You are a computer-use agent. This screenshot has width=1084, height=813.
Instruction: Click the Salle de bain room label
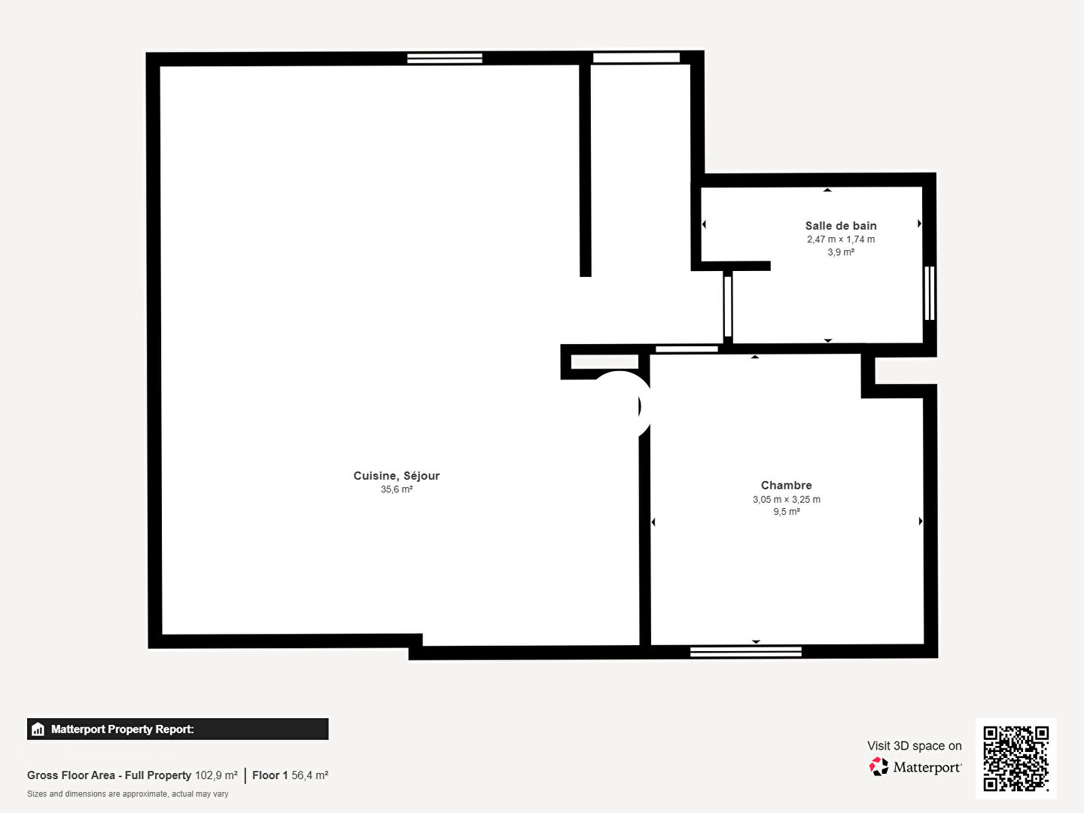point(841,226)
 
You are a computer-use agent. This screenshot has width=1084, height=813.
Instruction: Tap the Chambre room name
point(786,486)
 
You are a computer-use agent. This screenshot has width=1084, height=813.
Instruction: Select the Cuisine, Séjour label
point(396,476)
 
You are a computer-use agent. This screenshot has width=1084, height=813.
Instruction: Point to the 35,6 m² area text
point(397,489)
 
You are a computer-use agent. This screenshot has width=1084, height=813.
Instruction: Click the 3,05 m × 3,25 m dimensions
point(786,499)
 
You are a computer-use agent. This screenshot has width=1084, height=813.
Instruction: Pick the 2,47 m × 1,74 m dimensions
point(841,239)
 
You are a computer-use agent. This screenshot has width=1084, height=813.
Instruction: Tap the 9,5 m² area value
point(786,511)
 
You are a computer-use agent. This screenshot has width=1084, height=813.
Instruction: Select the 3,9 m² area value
point(841,252)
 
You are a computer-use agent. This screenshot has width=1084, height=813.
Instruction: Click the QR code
point(1015,758)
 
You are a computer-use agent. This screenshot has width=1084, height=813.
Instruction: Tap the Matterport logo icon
point(878,766)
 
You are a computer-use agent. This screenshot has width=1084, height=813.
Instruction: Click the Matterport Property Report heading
point(122,729)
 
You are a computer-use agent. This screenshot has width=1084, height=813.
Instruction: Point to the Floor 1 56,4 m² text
point(291,775)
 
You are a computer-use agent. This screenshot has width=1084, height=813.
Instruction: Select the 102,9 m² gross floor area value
point(216,775)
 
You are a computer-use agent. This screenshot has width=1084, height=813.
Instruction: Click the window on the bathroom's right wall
point(929,294)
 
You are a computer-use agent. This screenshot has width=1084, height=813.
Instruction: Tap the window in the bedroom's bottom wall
point(746,652)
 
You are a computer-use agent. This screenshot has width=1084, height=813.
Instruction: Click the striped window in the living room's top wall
point(444,58)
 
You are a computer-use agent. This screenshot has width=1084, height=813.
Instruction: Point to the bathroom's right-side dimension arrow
point(919,224)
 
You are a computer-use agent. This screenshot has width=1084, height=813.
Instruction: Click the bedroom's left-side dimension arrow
point(653,522)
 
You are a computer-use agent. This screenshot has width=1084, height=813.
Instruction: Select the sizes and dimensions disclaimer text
point(127,793)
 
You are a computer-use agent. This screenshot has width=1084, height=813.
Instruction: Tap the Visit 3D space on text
point(915,746)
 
